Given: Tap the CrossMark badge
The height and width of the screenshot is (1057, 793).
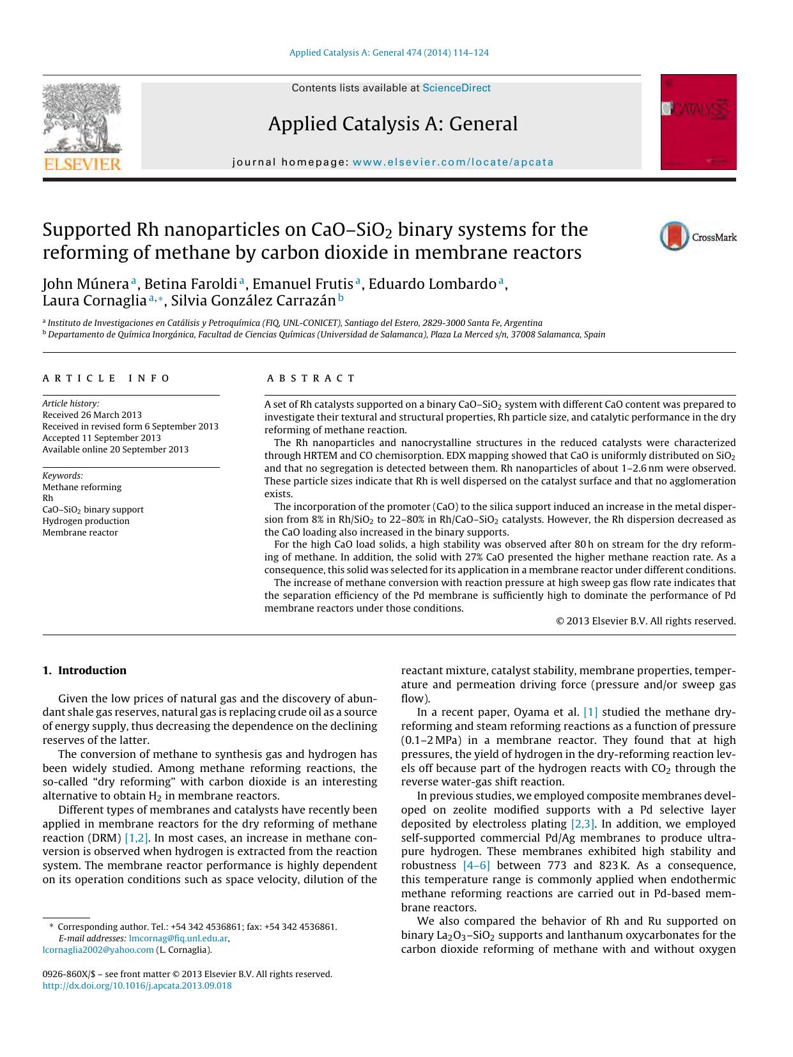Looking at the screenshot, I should [x=698, y=236].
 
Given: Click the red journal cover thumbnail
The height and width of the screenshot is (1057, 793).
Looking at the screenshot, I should [x=698, y=122].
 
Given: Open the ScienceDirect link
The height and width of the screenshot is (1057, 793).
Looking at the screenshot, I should [x=456, y=88].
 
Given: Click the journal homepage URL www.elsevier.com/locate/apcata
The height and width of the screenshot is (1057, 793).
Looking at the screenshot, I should [x=453, y=162].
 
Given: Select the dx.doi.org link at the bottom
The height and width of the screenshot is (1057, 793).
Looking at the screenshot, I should [x=137, y=985].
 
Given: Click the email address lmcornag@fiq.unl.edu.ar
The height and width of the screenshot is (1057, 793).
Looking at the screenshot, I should [x=178, y=938].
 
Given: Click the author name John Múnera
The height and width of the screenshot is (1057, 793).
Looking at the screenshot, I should [x=86, y=284].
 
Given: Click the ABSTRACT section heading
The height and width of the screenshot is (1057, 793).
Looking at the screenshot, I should [x=311, y=378].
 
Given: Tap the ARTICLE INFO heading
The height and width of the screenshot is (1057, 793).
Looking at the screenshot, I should [x=106, y=378].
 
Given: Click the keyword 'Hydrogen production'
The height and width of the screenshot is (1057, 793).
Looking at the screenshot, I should [x=86, y=521].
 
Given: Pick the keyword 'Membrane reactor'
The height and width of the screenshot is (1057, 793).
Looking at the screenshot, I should [x=80, y=532].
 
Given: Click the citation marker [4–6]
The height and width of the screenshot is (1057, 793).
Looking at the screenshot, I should [x=476, y=865].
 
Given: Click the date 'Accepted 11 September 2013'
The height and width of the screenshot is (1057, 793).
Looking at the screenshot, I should [x=102, y=438].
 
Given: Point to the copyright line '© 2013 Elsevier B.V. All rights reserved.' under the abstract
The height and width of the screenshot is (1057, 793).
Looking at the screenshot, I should [x=645, y=621].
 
